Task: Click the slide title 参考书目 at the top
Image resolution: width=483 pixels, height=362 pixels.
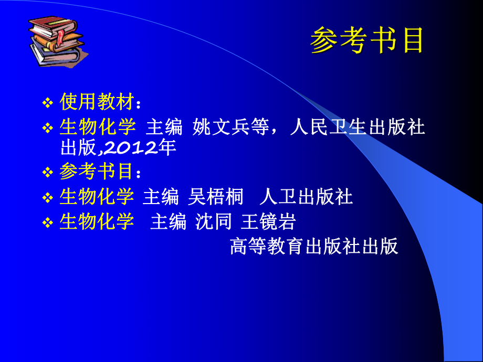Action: (x=366, y=40)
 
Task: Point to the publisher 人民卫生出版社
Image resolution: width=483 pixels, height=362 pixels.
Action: (x=357, y=127)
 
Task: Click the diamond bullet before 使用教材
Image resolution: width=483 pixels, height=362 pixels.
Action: (x=48, y=102)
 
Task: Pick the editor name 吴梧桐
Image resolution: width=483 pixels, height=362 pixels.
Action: (x=215, y=197)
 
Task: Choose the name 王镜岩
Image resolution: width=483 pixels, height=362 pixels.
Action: (x=268, y=222)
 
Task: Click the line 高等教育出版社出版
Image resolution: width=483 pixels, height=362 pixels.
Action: (x=314, y=246)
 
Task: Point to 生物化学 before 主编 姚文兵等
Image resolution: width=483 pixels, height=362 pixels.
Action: (x=98, y=127)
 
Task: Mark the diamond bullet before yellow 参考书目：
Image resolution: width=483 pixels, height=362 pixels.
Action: (x=48, y=172)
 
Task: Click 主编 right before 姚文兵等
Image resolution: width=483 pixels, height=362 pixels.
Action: (x=164, y=127)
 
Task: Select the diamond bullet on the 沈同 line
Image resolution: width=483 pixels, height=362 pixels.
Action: (x=48, y=222)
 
